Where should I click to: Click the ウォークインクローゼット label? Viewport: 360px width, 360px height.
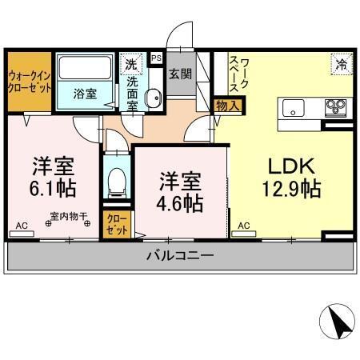coord(29,81)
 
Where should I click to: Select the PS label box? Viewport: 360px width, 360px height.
coord(156,58)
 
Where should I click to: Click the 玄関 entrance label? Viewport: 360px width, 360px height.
coord(180,74)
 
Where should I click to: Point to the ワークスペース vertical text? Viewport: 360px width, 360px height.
coord(239,76)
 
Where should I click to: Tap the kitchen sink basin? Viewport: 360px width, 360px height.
coord(291,107)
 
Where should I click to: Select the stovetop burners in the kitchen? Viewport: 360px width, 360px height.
coord(334,107)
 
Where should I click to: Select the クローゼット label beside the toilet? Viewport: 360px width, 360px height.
coord(117,224)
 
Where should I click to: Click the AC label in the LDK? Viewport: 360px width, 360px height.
coord(243,226)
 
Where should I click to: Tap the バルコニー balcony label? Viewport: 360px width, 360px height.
coord(179,256)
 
